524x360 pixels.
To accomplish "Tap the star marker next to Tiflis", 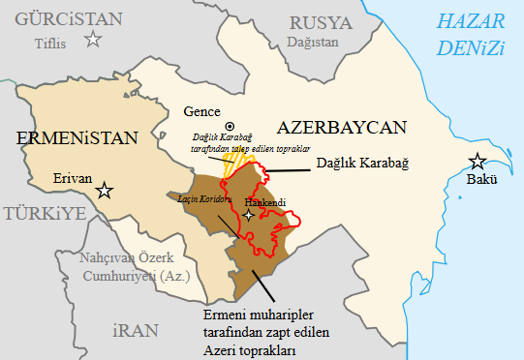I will pyautogui.click(x=93, y=39).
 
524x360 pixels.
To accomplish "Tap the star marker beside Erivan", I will pyautogui.click(x=105, y=191).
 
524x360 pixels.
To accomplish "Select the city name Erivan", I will pyautogui.click(x=71, y=179).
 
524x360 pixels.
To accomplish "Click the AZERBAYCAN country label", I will pyautogui.click(x=341, y=127).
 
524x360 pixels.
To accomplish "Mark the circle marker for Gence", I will pyautogui.click(x=230, y=127).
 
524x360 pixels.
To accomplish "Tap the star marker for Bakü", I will pyautogui.click(x=477, y=162).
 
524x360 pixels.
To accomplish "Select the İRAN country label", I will pyautogui.click(x=136, y=330).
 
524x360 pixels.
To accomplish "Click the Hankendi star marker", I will pyautogui.click(x=249, y=216).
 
